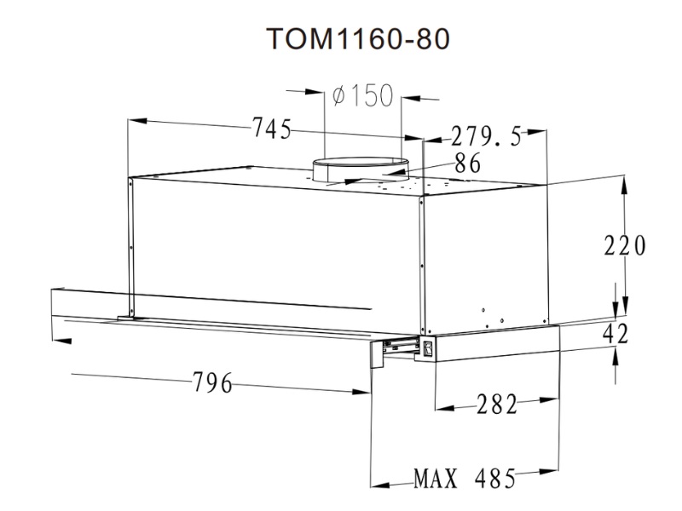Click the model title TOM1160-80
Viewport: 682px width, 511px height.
click(358, 38)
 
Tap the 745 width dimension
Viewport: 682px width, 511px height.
click(272, 129)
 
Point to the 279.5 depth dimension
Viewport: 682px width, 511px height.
click(486, 136)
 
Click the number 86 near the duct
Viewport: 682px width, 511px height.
click(467, 164)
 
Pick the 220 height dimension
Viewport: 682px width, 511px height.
click(625, 245)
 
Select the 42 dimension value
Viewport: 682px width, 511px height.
click(616, 334)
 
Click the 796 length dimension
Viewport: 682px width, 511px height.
click(212, 382)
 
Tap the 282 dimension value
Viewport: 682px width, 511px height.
click(497, 404)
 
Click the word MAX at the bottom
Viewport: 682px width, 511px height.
click(436, 479)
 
